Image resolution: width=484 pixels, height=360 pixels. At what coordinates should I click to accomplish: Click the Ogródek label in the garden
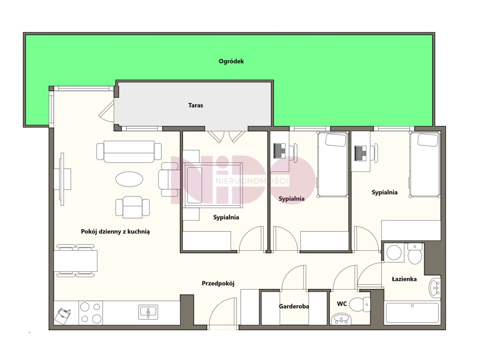coord(231,61)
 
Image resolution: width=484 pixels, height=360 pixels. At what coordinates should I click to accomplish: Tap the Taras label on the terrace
coord(195,105)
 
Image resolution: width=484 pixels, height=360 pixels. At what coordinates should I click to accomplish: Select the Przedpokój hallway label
coord(218,283)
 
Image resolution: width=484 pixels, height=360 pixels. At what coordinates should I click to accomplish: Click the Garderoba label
coord(294,306)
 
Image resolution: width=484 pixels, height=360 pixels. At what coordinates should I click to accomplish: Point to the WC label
coord(342,304)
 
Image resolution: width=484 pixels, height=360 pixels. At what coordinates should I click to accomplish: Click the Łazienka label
coord(404,279)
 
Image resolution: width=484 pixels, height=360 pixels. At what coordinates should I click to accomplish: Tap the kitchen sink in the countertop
coord(148,312)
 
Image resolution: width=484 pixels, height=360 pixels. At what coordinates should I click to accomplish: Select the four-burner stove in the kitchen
coord(90,313)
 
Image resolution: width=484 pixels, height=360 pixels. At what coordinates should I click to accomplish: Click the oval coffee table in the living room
coord(129,179)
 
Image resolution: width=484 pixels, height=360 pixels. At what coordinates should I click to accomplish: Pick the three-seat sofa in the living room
coord(129,152)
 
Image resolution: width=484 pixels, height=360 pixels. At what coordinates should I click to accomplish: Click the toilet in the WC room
coord(359,304)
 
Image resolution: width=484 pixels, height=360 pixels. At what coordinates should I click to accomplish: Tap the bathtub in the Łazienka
coord(412,313)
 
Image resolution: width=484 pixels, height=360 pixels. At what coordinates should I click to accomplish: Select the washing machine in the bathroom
coord(394,253)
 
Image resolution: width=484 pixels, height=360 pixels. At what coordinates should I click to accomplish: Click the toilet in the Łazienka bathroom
coord(414,253)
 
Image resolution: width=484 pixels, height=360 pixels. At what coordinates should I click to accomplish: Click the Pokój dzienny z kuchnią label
coord(115,232)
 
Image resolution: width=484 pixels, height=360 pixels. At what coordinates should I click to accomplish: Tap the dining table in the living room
coord(76,261)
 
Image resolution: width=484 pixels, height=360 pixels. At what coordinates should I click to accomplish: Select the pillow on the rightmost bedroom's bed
coord(428,140)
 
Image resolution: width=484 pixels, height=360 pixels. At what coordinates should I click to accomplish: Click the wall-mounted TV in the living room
coord(62,179)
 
